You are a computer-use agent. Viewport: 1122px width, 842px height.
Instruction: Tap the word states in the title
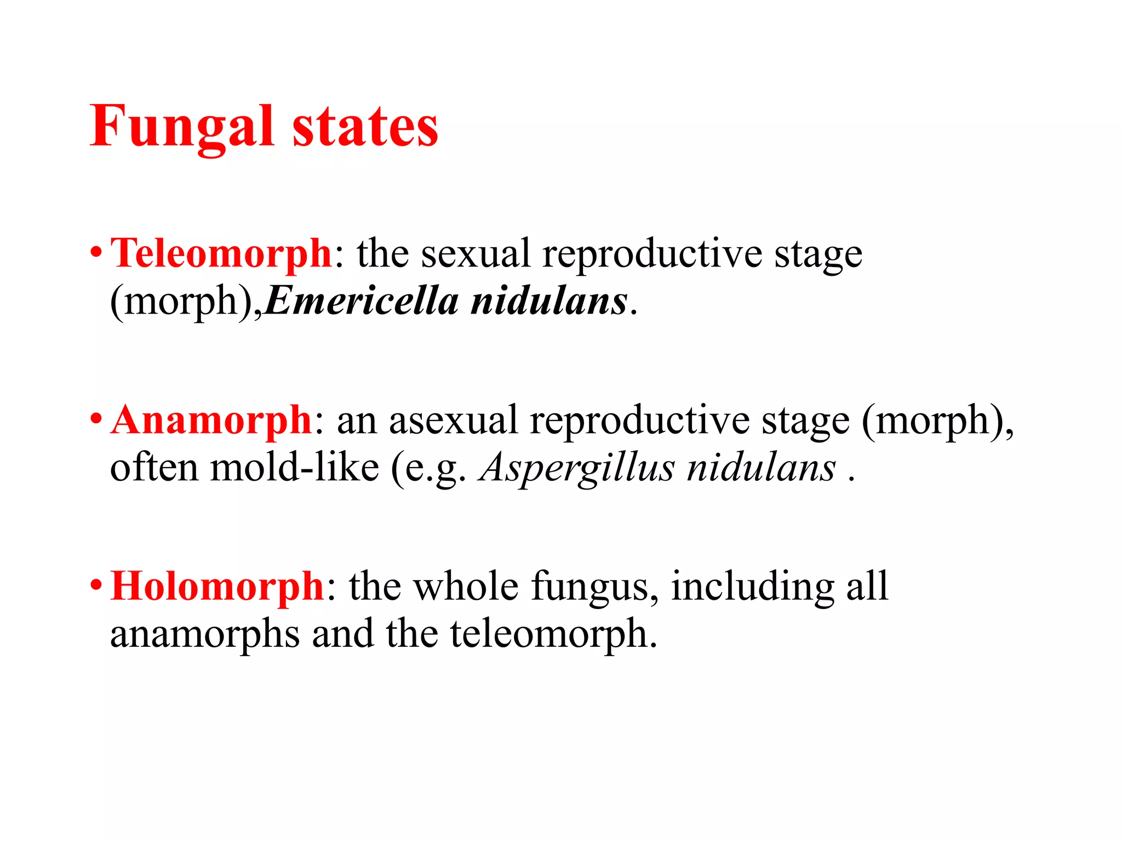(x=365, y=127)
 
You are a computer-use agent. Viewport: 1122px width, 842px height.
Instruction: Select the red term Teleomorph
(x=221, y=254)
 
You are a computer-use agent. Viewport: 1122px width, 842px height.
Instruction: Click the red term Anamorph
(x=211, y=420)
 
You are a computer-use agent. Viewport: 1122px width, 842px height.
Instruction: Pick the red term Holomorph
(x=217, y=587)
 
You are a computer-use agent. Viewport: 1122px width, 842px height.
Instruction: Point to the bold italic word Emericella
(x=361, y=301)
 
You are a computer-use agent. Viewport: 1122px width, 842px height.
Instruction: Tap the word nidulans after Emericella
(x=549, y=301)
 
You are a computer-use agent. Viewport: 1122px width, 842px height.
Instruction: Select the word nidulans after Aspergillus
(x=762, y=468)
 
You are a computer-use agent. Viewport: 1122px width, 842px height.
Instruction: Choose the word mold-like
(x=294, y=468)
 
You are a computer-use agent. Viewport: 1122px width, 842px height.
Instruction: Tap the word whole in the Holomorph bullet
(x=466, y=587)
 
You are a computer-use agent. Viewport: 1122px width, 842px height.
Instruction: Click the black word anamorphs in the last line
(x=205, y=635)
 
